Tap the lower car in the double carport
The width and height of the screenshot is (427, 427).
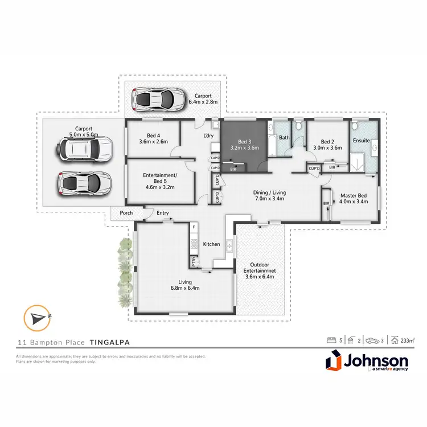pos(83,183)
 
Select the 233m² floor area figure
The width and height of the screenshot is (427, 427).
pos(407,340)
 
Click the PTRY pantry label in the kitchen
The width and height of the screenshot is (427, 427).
pos(194,263)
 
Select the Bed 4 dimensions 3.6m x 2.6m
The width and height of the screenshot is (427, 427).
pos(154,142)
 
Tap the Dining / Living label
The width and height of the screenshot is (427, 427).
pos(269,192)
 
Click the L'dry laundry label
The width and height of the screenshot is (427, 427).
pos(208,135)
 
